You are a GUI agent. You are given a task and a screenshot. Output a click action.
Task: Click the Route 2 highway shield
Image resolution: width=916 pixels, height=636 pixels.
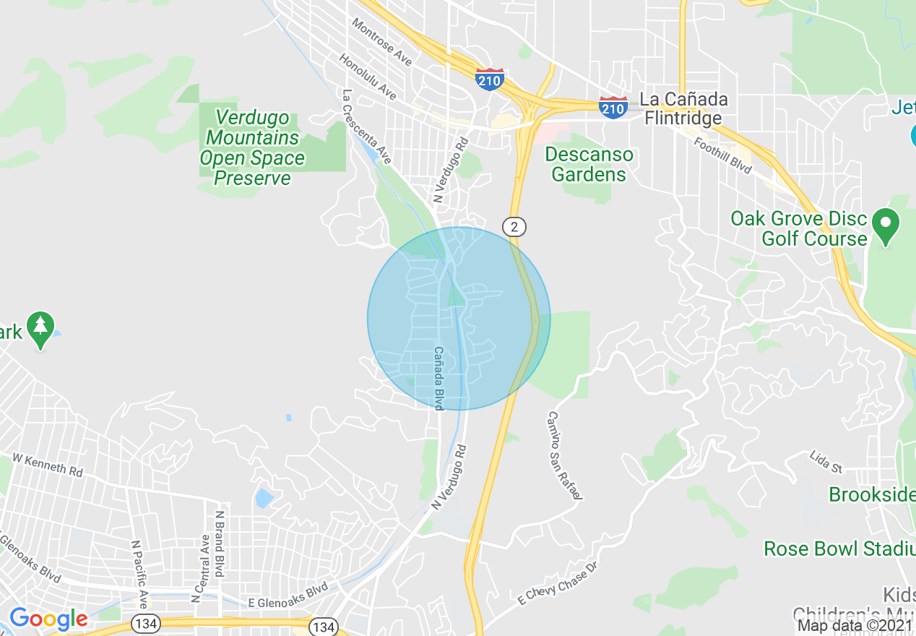tap(514, 227)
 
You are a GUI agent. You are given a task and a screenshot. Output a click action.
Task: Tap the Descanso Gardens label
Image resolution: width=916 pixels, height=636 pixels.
tap(589, 164)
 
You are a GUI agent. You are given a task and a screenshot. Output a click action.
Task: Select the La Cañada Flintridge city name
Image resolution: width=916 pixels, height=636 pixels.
tap(683, 108)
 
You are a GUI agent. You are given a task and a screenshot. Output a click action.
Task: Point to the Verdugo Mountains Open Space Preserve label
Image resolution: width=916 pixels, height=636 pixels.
tap(252, 148)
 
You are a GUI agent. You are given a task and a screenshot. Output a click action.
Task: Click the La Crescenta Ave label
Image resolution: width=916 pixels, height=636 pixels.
tap(367, 126)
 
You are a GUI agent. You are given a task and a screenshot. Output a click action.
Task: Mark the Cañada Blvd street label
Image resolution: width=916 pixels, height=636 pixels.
tap(438, 378)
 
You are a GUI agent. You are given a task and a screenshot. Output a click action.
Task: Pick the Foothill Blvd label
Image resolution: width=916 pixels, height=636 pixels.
tap(722, 155)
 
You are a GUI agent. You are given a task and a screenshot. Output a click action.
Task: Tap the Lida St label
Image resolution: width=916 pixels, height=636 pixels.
tap(826, 462)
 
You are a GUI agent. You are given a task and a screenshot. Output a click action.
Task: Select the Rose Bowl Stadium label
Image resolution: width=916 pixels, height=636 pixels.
tap(839, 549)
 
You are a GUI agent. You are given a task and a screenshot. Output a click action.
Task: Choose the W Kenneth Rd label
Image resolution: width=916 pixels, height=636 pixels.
tap(48, 465)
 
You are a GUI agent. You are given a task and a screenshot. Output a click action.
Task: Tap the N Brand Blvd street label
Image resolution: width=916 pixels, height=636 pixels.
tap(220, 544)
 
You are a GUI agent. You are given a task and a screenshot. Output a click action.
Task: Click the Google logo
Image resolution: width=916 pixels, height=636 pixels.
tap(48, 619)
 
